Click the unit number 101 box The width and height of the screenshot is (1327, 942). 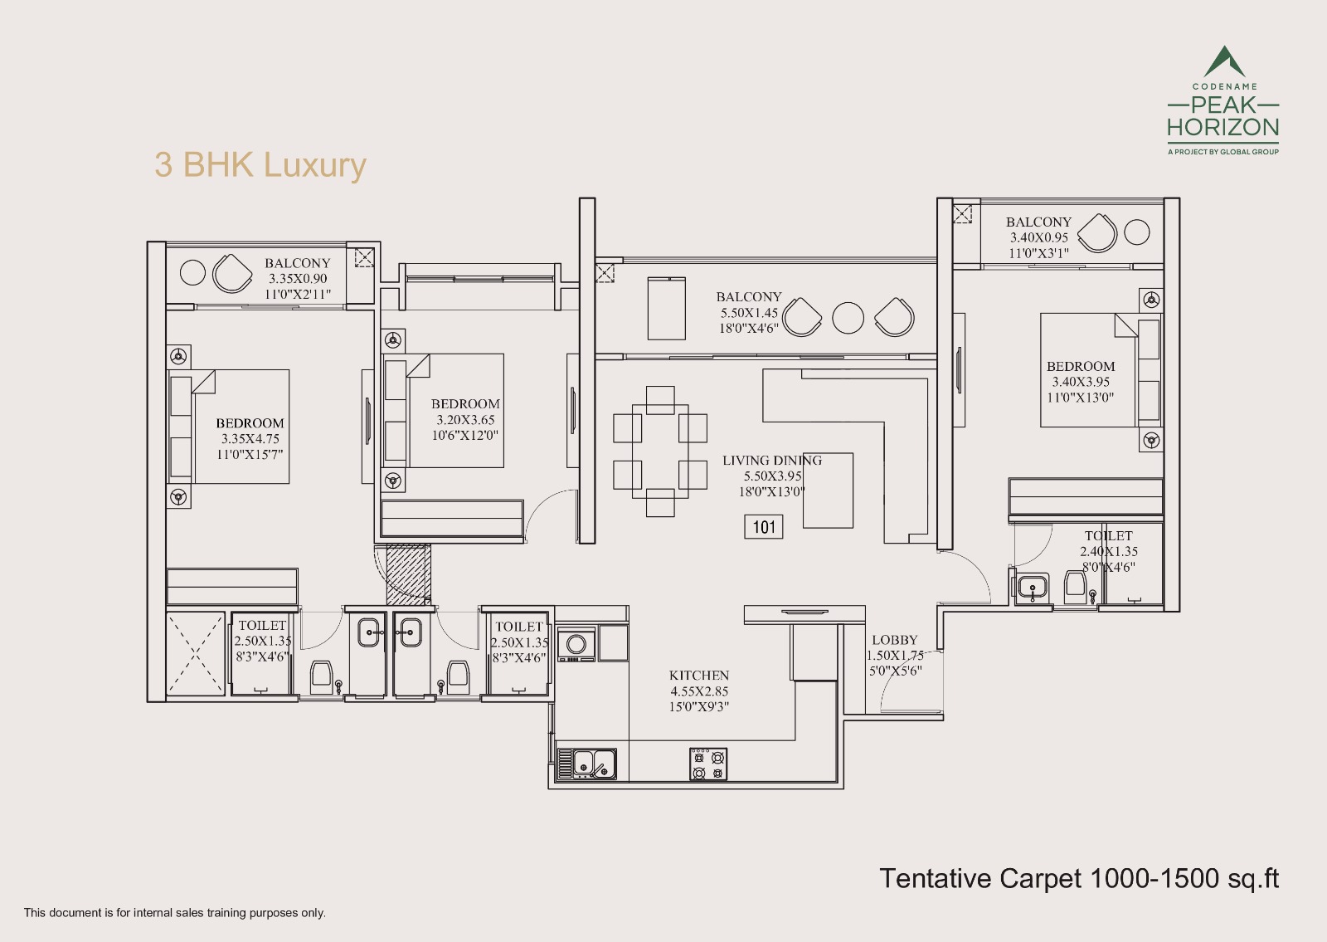point(764,526)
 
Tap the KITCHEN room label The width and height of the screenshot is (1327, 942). point(699,676)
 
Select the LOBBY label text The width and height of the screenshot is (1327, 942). point(894,640)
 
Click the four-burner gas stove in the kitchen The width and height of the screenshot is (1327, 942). point(708,764)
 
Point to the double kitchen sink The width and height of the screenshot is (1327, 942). point(593,763)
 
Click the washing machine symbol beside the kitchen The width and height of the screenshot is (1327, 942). point(576,644)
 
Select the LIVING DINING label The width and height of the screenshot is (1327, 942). point(771,460)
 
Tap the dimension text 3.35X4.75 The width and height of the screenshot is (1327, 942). point(250,439)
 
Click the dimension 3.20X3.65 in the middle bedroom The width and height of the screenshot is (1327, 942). point(465,420)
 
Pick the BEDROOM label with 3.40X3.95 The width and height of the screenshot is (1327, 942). point(1080,366)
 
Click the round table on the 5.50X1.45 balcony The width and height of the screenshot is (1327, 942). point(848,318)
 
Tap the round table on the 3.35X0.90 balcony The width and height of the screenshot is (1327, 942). point(192,273)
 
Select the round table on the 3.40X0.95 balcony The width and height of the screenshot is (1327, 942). point(1137,232)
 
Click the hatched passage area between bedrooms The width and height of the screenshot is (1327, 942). point(407,573)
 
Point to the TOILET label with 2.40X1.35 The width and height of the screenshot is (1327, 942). point(1108,536)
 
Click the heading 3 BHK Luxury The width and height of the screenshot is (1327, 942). point(260,164)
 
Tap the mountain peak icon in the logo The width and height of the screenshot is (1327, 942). point(1223,62)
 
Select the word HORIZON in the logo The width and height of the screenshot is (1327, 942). point(1222,128)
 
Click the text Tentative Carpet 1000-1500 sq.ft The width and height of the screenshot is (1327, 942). point(1078,878)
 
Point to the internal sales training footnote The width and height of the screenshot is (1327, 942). point(175,912)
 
